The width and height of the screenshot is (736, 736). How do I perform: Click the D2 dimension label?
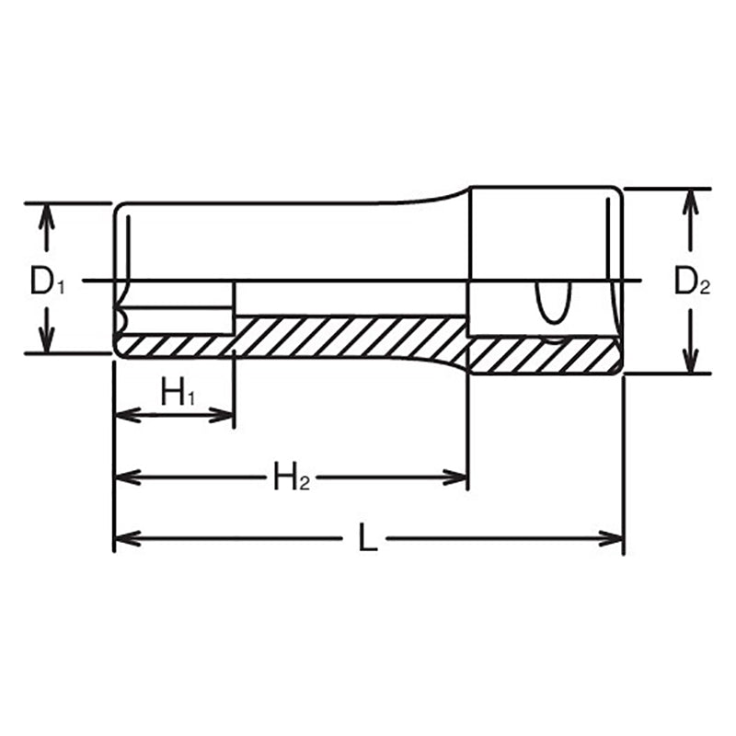pyautogui.click(x=691, y=282)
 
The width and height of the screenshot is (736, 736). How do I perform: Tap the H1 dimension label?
pyautogui.click(x=178, y=394)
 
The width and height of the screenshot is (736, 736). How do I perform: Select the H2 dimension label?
pyautogui.click(x=290, y=477)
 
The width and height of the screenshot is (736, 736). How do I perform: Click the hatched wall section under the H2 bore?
pyautogui.click(x=350, y=337)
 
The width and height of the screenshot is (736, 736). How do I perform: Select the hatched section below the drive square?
pyautogui.click(x=543, y=355)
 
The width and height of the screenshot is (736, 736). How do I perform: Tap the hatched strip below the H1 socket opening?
pyautogui.click(x=175, y=345)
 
